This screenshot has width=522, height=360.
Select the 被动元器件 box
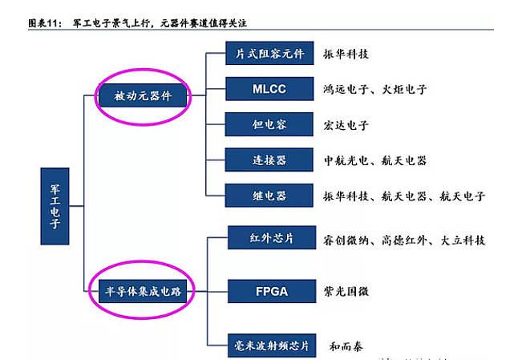(144, 97)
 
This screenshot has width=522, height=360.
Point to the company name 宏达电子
(346, 125)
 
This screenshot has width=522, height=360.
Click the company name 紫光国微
(346, 291)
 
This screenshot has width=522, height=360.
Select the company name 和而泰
(346, 346)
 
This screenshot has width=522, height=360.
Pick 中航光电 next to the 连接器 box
(346, 160)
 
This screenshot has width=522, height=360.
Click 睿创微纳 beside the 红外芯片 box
(346, 240)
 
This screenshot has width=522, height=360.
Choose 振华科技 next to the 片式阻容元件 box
(346, 55)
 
